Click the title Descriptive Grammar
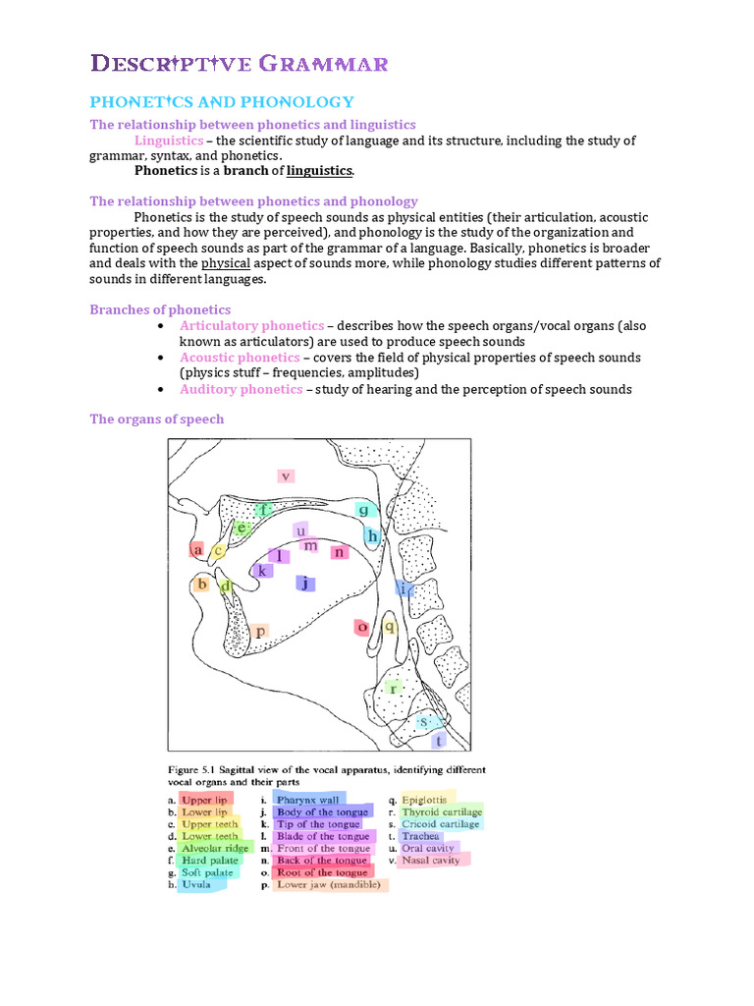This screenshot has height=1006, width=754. coord(240,65)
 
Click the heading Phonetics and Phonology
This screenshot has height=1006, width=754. coord(222,102)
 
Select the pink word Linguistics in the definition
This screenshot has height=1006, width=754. coord(168,140)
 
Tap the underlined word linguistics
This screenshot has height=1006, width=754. coord(319,171)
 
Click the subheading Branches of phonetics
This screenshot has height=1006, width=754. coord(160,309)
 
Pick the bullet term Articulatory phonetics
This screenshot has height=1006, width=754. coord(251,325)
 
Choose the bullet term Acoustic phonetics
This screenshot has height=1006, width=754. coord(240,358)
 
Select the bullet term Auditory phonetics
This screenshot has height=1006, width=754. coord(241,389)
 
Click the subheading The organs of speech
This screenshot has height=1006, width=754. coord(157,419)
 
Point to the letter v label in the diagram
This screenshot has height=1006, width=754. coord(285,475)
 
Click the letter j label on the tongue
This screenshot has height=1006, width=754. coord(306,583)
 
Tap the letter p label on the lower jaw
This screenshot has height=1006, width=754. coord(259,632)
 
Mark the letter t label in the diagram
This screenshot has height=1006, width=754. coord(438,740)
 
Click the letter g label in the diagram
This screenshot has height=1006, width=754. coord(363,510)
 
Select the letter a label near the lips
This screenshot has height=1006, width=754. coord(198,550)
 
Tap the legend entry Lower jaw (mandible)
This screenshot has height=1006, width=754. coord(332,884)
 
